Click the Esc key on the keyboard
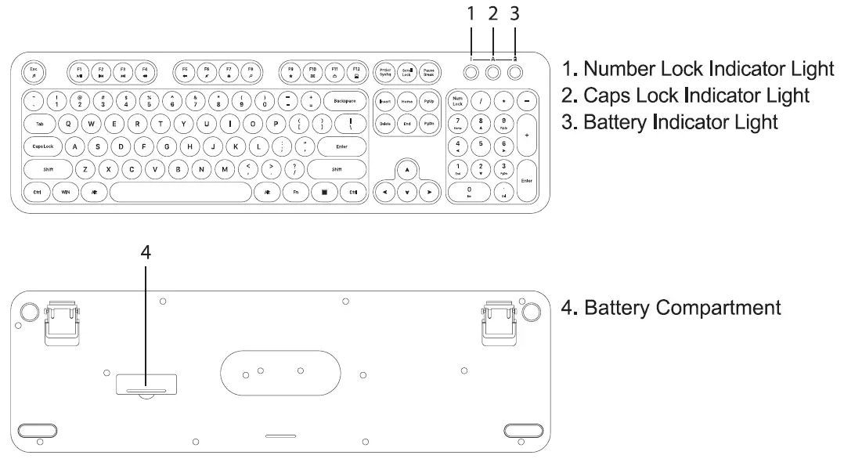[33, 73]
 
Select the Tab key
[39, 124]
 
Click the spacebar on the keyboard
[180, 192]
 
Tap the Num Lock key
[458, 101]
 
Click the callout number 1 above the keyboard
[471, 13]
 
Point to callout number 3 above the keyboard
[514, 13]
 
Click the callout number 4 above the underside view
[146, 252]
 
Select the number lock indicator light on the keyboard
[471, 73]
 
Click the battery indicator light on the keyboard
[515, 73]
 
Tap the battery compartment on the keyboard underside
[146, 385]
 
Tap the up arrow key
[406, 170]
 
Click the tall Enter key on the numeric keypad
[526, 181]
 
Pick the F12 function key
[356, 73]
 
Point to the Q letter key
[68, 124]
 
